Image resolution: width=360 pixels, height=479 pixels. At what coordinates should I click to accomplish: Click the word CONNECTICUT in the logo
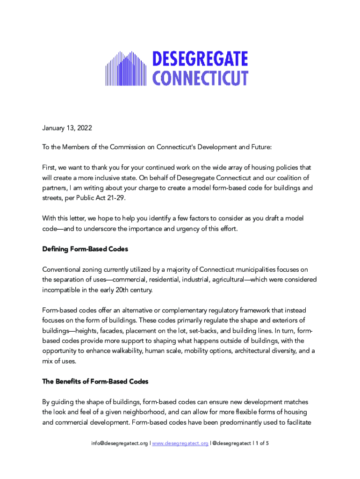tap(201, 78)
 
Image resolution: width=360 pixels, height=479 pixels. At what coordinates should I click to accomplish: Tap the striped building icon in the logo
tap(127, 68)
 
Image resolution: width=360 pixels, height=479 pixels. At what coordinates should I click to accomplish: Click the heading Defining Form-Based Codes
tap(85, 249)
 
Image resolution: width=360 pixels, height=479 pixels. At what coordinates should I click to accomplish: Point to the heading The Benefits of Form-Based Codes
tap(95, 381)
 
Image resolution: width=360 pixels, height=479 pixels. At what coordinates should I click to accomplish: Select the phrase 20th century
tap(133, 290)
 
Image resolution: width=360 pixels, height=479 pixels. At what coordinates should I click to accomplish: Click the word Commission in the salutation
tap(127, 147)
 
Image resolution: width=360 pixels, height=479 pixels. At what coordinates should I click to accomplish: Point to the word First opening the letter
tap(50, 167)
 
